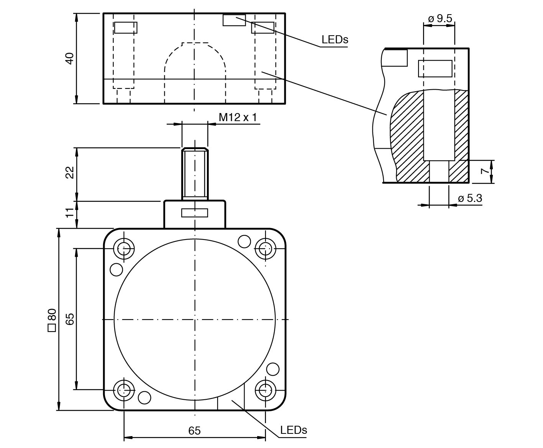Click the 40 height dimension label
coord(69,58)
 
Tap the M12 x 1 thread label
coord(238,117)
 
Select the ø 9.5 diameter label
coord(440,18)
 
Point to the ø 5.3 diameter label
coord(470,199)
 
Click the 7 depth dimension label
coord(486,171)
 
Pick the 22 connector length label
coord(69,173)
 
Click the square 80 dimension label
coord(52,320)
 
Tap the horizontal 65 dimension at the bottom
coord(194,431)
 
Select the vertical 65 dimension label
coord(69,319)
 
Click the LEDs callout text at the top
coord(335,39)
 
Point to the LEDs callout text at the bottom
coord(294,430)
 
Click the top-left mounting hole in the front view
coord(124,248)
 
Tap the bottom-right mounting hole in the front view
coord(265,390)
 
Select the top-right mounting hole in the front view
coord(265,248)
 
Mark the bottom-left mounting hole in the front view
coord(124,390)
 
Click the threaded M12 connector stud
coord(195,173)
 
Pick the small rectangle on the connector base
coord(195,213)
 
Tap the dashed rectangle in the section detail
coord(435,69)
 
